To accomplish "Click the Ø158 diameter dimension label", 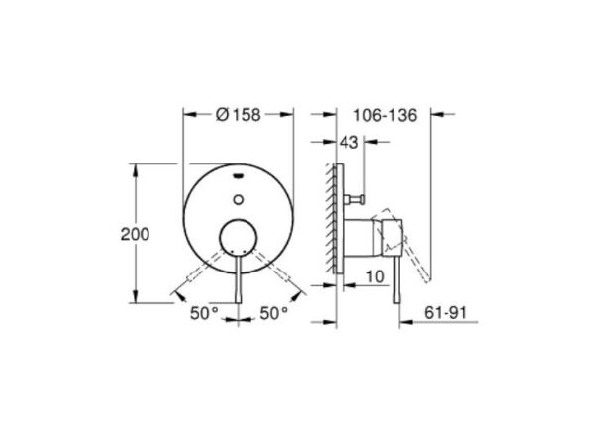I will coord(238,115).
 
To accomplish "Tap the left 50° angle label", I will coord(203,313).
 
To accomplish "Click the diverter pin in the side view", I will coord(358,201).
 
